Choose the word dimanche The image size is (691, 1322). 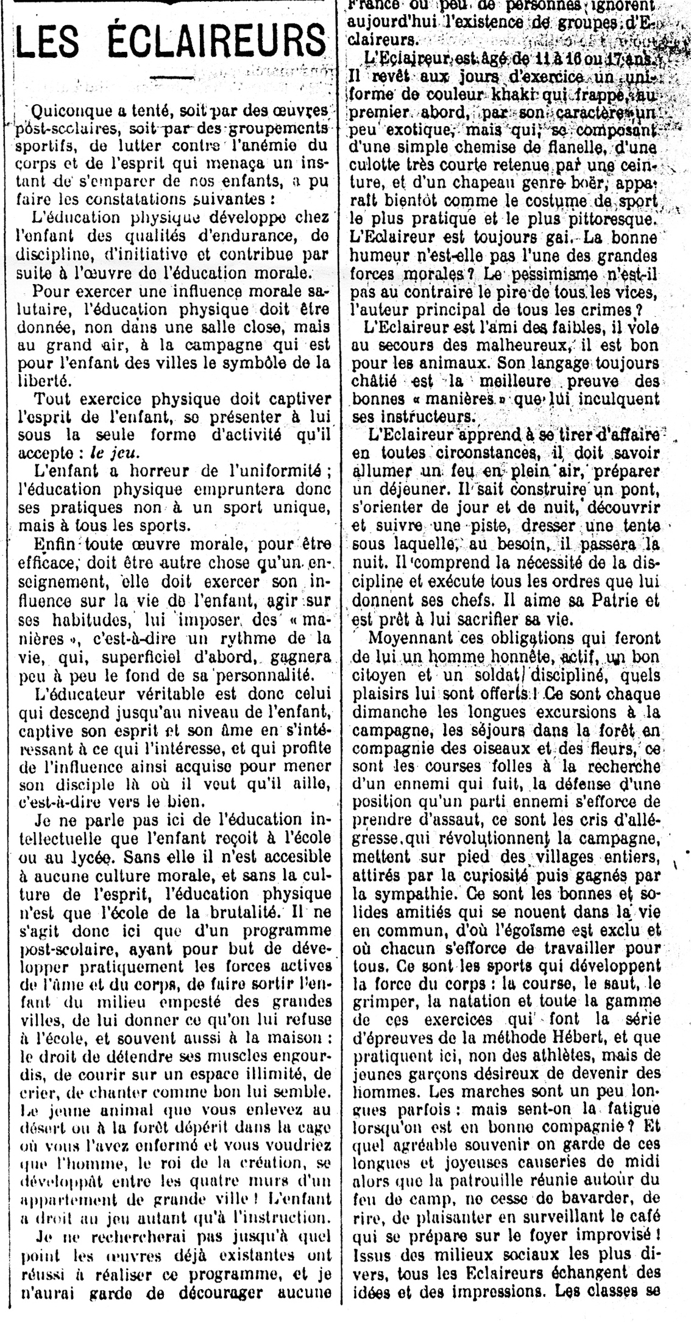(383, 712)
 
